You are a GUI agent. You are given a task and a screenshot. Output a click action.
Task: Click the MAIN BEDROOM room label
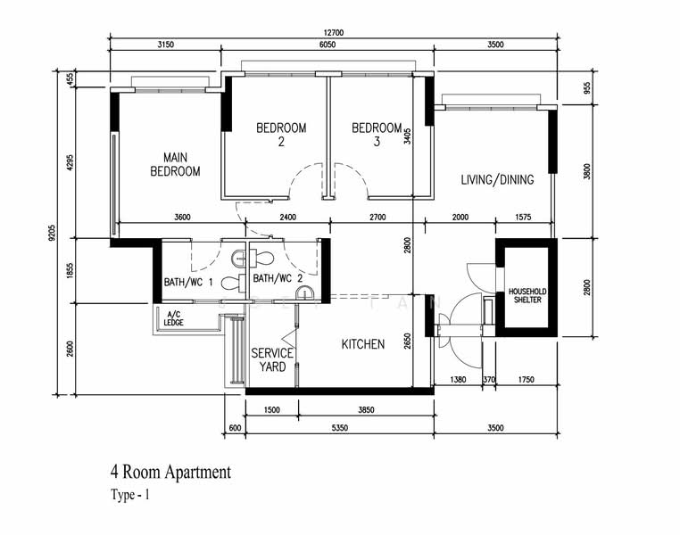(175, 164)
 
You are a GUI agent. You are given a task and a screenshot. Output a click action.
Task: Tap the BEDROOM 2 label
(281, 135)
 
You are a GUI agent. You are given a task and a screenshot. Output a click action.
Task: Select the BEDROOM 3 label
(377, 135)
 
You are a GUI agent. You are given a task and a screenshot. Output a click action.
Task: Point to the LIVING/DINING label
(497, 179)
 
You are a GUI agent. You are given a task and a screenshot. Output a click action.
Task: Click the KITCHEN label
(363, 344)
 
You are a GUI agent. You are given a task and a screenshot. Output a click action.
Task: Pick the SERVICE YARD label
(272, 359)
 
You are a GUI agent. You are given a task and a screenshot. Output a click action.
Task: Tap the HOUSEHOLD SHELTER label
(527, 295)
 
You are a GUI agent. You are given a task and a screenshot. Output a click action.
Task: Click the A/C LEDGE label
(173, 318)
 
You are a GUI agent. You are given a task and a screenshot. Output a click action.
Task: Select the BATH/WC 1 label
(188, 283)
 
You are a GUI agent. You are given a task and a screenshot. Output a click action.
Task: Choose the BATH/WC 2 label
(278, 278)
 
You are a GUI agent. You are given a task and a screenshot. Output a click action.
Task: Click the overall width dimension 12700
(333, 33)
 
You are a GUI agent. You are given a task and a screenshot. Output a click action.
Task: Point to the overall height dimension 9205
(53, 232)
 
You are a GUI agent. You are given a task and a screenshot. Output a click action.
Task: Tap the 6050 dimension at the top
(327, 45)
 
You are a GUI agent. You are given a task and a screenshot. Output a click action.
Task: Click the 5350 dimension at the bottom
(340, 428)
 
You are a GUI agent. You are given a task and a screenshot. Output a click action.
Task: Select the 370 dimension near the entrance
(489, 380)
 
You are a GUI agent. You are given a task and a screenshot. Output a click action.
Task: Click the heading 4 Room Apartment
(170, 472)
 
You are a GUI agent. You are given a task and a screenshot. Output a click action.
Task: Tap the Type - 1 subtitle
(130, 494)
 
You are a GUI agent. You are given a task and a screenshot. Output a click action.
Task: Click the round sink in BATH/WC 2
(304, 293)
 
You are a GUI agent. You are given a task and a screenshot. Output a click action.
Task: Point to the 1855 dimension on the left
(70, 271)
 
